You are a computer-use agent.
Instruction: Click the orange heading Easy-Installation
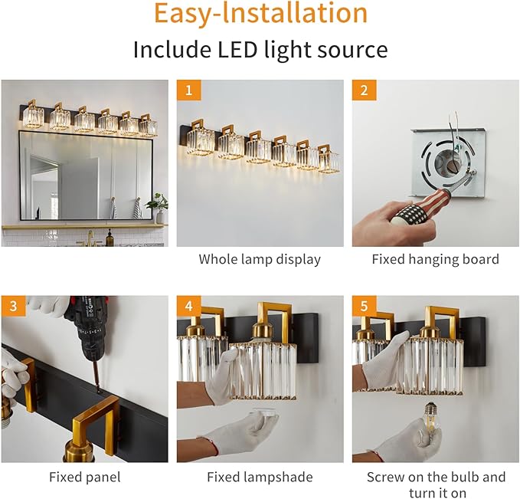tap(261, 13)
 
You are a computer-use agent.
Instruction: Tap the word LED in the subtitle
tap(237, 50)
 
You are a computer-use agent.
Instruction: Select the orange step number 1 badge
tap(188, 90)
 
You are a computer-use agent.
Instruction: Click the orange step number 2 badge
tap(364, 90)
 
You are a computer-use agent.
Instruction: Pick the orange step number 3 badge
tap(13, 306)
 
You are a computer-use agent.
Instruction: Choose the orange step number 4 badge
tap(188, 306)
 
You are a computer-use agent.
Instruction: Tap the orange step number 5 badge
tap(364, 306)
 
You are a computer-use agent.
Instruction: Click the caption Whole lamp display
tap(260, 259)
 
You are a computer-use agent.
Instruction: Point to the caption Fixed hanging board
tap(436, 259)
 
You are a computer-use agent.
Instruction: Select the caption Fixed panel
tap(84, 477)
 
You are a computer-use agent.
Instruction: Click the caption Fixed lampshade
tap(260, 477)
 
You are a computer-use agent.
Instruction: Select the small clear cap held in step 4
tap(264, 414)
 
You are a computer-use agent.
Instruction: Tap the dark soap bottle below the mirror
tap(110, 238)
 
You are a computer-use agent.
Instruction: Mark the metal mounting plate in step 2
tap(448, 163)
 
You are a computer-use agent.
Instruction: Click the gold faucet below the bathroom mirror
tap(90, 239)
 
